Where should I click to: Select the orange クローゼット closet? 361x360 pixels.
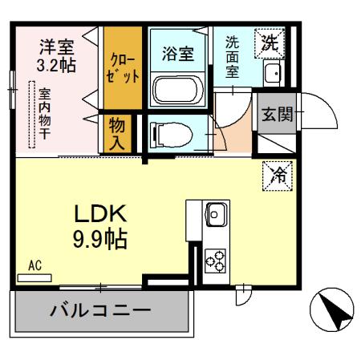[x=122, y=67]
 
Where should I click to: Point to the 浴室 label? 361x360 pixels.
[x=178, y=54]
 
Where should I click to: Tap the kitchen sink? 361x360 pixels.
[x=217, y=214]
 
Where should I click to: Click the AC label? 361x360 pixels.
[x=34, y=265]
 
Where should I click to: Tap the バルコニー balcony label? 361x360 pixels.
[x=100, y=309]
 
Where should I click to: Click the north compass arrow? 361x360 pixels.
[x=332, y=309]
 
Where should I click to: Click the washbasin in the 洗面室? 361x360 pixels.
[x=271, y=75]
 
